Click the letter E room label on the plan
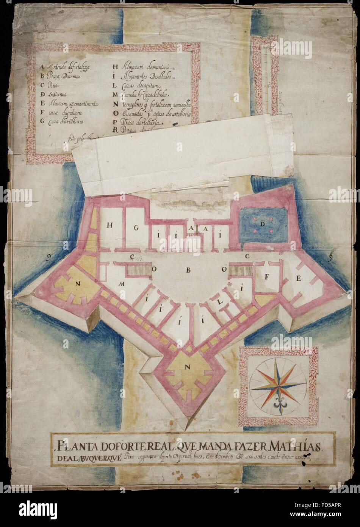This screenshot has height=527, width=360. pyautogui.click(x=298, y=279)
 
